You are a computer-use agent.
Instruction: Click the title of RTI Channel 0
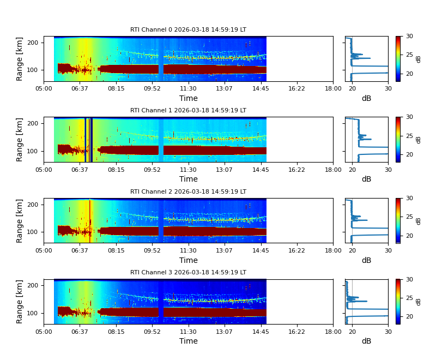188,30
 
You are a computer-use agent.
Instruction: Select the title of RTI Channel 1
188,111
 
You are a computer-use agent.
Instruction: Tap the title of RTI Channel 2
188,192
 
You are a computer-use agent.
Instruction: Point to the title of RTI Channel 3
188,273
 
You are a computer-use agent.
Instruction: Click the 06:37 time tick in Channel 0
80,88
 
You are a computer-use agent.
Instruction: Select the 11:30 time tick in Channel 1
189,169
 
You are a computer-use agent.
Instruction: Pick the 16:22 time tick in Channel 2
296,250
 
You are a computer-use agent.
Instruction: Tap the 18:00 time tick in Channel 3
333,331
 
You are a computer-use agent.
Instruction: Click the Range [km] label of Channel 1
20,140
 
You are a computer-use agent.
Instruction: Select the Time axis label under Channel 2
189,260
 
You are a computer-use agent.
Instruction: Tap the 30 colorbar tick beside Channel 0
409,37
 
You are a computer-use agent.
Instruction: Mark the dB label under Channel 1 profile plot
366,179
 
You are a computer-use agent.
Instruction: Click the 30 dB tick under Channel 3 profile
388,331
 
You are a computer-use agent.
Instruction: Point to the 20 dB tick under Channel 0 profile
352,88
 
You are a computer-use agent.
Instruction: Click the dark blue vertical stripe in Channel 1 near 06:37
86,140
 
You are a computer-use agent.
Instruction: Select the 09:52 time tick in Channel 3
152,331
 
